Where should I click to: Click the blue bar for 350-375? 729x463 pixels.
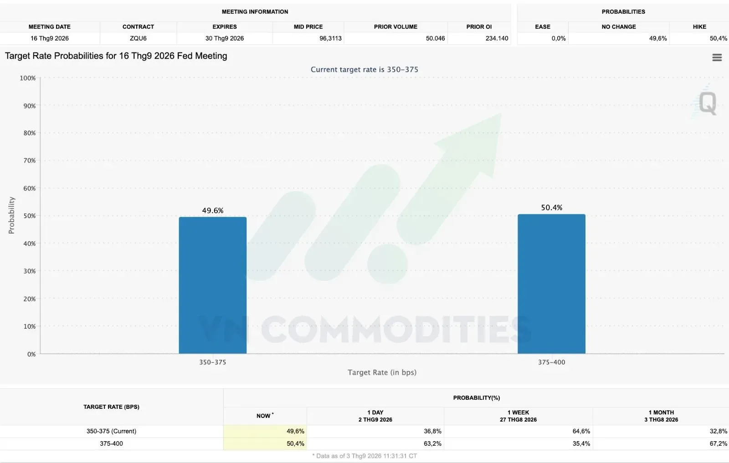212,285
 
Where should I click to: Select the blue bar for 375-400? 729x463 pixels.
551,284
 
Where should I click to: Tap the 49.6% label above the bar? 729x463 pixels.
213,210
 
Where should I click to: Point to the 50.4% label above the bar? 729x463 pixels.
552,208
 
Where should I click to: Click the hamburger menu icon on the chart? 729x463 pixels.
717,57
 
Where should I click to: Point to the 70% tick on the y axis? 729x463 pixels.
29,160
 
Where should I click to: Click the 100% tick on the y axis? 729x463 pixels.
28,78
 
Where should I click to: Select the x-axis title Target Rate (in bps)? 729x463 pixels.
382,372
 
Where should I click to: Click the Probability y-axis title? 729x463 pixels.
11,215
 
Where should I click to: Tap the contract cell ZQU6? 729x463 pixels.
139,38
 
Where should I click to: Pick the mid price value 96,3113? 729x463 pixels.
330,38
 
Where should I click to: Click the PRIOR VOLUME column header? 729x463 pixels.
395,27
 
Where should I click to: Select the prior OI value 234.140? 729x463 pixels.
497,38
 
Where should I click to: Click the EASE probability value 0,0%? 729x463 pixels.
559,38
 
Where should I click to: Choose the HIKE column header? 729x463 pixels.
699,27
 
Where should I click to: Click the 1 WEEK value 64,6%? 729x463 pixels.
581,431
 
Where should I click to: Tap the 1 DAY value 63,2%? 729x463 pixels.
432,443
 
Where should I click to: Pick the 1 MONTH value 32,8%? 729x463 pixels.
718,431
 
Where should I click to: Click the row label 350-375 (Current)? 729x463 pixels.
111,431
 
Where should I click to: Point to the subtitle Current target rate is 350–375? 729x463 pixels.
364,69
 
